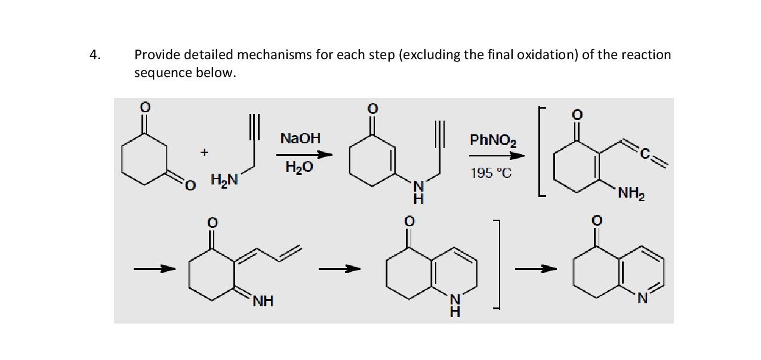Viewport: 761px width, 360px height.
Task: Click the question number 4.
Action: tap(94, 55)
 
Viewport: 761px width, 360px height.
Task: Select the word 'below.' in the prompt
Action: tap(212, 73)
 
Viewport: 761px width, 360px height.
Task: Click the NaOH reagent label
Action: tap(300, 139)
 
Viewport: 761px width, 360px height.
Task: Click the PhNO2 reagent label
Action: tap(493, 141)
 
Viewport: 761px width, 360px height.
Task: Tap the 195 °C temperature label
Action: tap(490, 173)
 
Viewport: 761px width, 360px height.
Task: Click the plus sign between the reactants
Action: tap(204, 152)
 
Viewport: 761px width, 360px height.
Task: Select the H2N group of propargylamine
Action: tap(224, 179)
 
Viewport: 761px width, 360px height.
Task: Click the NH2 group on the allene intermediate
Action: tap(631, 193)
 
